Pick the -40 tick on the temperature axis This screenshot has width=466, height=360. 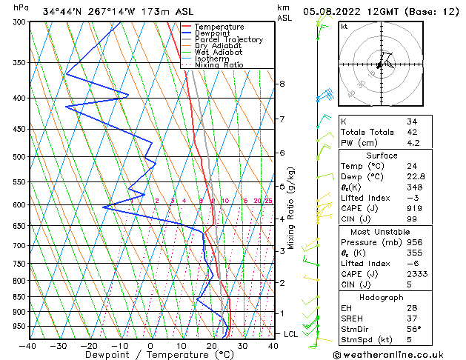pyautogui.click(x=28, y=346)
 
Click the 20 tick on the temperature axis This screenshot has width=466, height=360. pyautogui.click(x=212, y=346)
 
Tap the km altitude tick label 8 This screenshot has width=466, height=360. pyautogui.click(x=282, y=84)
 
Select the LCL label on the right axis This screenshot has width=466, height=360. pyautogui.click(x=291, y=334)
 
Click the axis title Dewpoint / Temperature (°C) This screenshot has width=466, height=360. pyautogui.click(x=150, y=356)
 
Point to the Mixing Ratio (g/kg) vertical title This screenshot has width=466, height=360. pyautogui.click(x=291, y=208)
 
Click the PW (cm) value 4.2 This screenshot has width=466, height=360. pyautogui.click(x=413, y=143)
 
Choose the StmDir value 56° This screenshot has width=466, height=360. pyautogui.click(x=413, y=329)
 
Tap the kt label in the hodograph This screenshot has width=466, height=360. pyautogui.click(x=344, y=26)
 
